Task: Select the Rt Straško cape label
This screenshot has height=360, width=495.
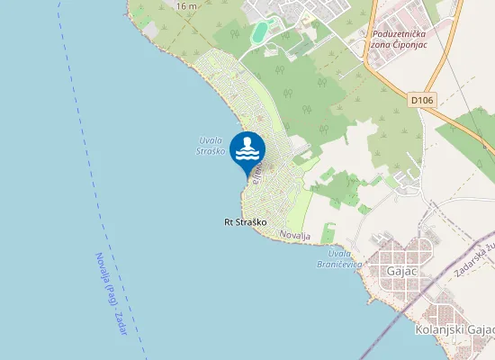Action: point(245,221)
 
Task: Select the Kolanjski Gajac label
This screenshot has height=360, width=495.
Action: point(454,330)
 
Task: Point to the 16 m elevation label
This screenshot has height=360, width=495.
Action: point(186,6)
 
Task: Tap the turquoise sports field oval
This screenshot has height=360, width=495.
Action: point(260,32)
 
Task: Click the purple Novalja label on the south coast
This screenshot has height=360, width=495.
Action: point(295,235)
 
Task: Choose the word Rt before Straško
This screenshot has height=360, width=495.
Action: point(229,221)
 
